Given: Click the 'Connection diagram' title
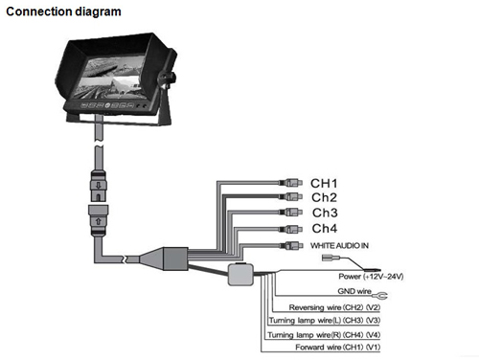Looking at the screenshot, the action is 63,11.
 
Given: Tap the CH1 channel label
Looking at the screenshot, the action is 324,184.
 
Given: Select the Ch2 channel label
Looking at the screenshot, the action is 324,197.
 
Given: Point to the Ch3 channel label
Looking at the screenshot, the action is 325,213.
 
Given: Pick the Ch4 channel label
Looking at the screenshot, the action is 325,229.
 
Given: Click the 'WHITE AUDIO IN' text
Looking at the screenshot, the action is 339,245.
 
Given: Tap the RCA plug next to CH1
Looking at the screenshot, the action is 290,183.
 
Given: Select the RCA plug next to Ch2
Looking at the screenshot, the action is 290,196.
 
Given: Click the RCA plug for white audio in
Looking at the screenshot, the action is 291,245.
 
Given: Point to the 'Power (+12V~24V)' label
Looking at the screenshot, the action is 371,277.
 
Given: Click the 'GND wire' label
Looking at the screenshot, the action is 354,291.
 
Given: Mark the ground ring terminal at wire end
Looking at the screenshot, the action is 380,296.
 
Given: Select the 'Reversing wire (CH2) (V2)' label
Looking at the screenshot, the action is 334,307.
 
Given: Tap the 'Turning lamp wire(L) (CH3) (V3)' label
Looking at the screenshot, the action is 325,320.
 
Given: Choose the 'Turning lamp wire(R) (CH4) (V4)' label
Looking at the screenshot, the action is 324,335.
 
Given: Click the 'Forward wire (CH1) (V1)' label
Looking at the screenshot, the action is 338,347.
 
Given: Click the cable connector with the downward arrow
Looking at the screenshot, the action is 99,186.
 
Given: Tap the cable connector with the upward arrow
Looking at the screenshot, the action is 99,220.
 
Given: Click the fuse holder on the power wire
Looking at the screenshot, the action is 240,275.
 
